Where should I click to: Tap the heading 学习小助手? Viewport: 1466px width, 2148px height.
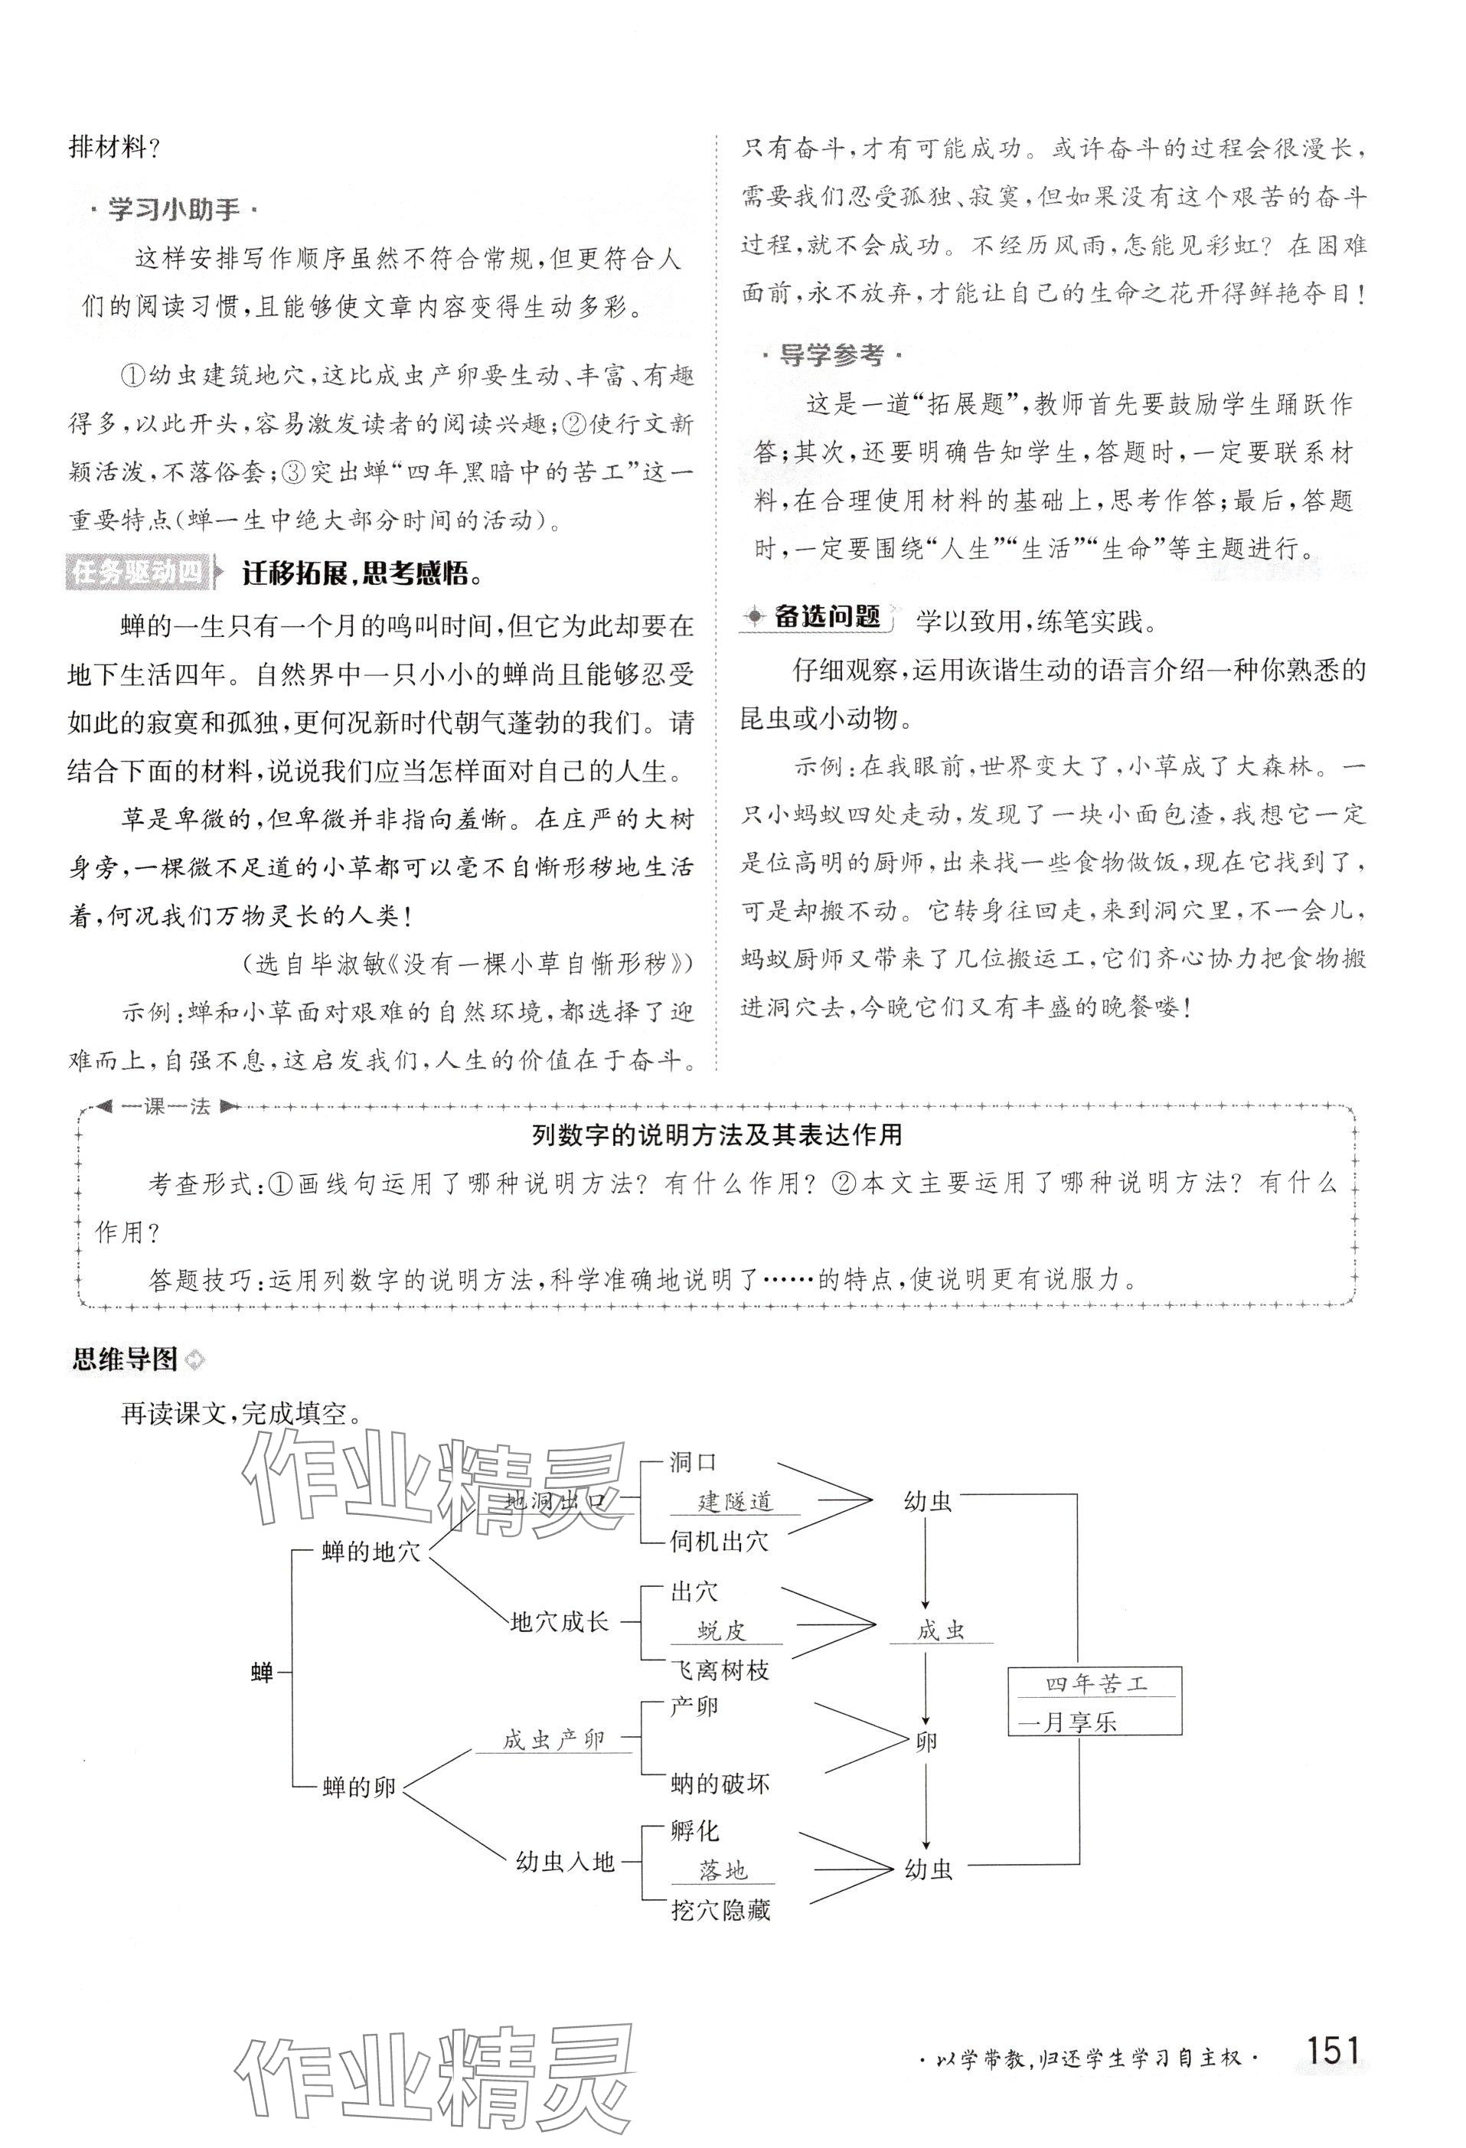pos(173,210)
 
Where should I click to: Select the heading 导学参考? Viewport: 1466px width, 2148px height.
pos(831,355)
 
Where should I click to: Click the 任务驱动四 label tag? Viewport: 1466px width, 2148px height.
pos(138,573)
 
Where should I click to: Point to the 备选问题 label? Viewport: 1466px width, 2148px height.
pos(815,618)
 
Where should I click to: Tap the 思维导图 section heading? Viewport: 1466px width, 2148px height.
pos(125,1359)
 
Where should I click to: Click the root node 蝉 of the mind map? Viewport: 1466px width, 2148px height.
pos(263,1671)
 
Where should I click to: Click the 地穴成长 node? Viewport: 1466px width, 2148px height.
pos(560,1621)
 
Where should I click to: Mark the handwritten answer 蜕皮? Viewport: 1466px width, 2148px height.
pos(721,1631)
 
